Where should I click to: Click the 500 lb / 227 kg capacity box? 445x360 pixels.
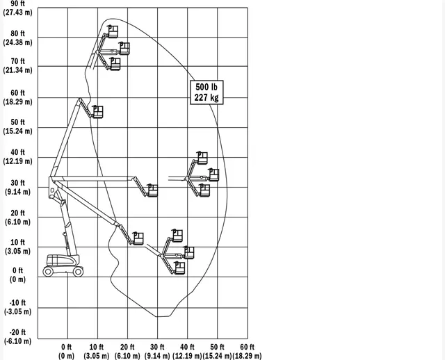207,92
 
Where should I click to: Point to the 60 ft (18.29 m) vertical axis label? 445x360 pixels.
17,97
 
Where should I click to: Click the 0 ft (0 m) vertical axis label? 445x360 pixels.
17,275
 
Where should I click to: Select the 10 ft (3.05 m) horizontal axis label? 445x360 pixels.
97,351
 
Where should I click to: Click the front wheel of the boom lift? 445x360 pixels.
78,272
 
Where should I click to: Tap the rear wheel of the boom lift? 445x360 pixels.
48,272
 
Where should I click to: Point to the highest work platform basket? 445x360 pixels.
113,31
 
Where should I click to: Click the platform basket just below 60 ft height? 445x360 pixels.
97,112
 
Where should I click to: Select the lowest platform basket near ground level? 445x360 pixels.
179,268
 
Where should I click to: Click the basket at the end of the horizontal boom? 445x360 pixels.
152,190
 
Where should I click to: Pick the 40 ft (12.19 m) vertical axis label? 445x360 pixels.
17,156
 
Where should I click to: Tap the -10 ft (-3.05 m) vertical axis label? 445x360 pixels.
17,307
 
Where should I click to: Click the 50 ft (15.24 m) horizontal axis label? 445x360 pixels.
217,351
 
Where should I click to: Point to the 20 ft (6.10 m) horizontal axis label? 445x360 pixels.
127,351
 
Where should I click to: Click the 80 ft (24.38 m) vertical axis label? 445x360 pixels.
17,38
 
